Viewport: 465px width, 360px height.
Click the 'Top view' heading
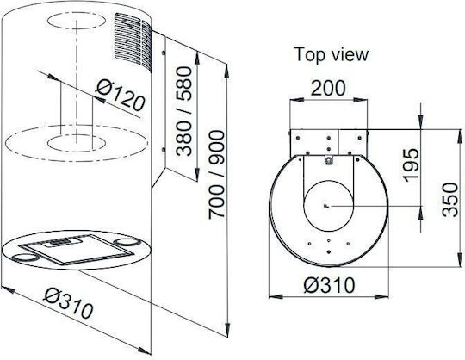click(x=332, y=54)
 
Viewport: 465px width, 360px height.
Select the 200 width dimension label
click(x=328, y=88)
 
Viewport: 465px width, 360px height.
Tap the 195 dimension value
click(x=412, y=165)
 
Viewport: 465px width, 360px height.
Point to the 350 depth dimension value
click(x=449, y=200)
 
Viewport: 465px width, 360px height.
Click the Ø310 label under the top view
click(x=329, y=285)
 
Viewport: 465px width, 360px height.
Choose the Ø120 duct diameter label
click(x=121, y=96)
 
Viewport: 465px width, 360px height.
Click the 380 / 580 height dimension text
click(x=184, y=111)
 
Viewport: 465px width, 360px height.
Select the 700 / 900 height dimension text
click(x=217, y=175)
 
